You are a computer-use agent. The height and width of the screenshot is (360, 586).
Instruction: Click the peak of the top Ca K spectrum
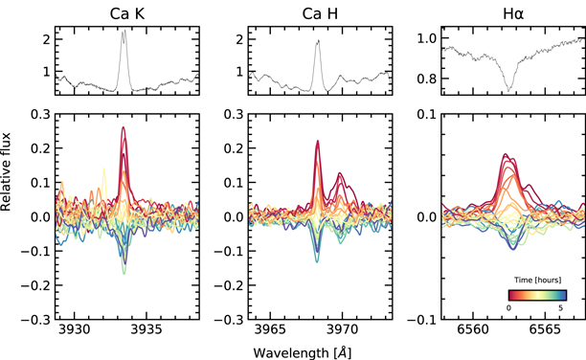tap(124, 32)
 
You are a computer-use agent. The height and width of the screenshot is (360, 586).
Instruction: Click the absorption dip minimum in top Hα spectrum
tap(509, 90)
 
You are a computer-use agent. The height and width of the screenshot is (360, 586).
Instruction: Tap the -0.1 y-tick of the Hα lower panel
tap(406, 319)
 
